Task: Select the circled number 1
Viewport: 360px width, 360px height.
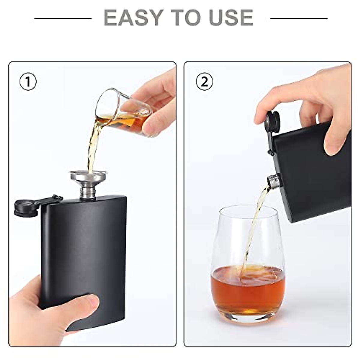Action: (28, 82)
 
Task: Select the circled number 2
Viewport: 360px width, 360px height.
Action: (204, 82)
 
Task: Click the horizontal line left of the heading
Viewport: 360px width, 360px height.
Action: (63, 19)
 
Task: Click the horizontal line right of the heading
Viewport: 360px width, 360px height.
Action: (298, 19)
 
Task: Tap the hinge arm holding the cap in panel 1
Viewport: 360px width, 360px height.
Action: (49, 200)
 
